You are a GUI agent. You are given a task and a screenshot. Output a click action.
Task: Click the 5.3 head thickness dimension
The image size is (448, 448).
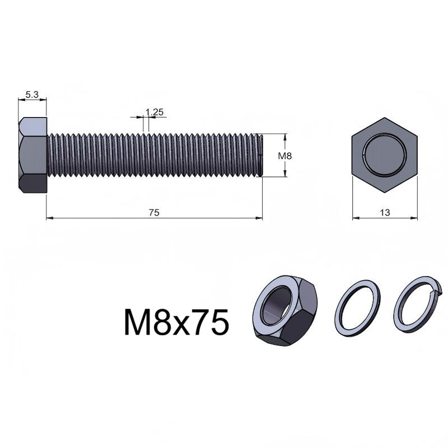(32, 95)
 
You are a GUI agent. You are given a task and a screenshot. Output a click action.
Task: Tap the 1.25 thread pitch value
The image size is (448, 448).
(155, 112)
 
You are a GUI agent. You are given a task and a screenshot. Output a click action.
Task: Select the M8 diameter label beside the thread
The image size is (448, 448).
(285, 156)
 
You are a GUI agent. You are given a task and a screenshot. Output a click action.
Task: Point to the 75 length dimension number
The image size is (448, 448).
(154, 213)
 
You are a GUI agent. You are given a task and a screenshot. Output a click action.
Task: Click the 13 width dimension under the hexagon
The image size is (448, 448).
(385, 213)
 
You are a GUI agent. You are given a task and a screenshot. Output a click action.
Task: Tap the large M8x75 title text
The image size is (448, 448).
(176, 322)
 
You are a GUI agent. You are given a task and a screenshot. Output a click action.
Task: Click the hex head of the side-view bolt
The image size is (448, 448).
(32, 155)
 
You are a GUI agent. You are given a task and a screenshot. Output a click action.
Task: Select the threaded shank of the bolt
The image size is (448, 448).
(155, 155)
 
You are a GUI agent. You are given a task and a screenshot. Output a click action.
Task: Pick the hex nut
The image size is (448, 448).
(285, 311)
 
